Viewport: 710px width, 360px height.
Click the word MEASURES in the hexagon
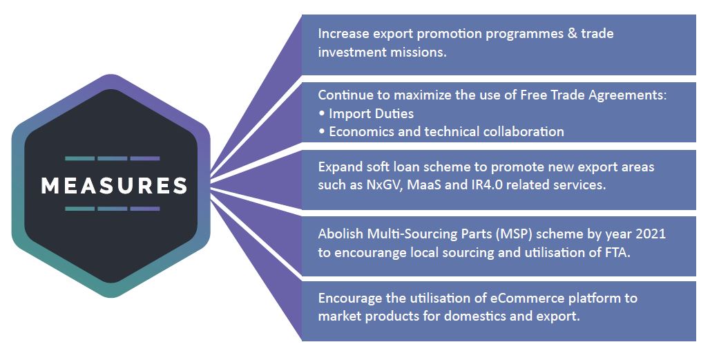[114, 185]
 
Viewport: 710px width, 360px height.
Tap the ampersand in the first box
[573, 33]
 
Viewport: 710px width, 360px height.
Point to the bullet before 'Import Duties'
[321, 113]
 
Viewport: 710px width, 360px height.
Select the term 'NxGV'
[384, 184]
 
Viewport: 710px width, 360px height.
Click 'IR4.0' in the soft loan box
[477, 184]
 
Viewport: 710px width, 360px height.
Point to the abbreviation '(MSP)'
[517, 234]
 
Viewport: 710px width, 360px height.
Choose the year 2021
[651, 234]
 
